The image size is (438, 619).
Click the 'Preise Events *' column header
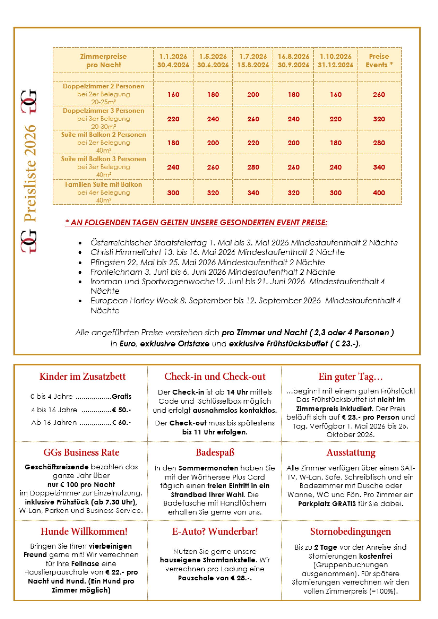pyautogui.click(x=379, y=61)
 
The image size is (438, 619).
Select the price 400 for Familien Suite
pyautogui.click(x=379, y=193)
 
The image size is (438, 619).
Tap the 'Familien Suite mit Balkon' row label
pyautogui.click(x=103, y=185)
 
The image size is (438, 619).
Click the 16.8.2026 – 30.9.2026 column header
pyautogui.click(x=293, y=61)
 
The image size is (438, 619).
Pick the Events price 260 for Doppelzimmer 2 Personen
pyautogui.click(x=379, y=95)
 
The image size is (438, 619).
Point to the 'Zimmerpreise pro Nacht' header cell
pyautogui.click(x=103, y=61)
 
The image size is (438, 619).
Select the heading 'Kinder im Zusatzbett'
pyautogui.click(x=82, y=377)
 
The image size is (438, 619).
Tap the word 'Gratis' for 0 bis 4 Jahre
pyautogui.click(x=122, y=397)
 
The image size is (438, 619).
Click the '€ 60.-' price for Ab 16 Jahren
pyautogui.click(x=122, y=422)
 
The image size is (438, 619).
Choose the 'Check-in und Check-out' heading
pyautogui.click(x=215, y=377)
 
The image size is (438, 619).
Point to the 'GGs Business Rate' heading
pyautogui.click(x=82, y=452)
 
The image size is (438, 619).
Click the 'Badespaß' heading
pyautogui.click(x=215, y=452)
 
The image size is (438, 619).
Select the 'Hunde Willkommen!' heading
pyautogui.click(x=84, y=531)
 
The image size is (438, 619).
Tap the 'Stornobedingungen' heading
pyautogui.click(x=351, y=531)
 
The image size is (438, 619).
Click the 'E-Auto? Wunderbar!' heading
pyautogui.click(x=215, y=531)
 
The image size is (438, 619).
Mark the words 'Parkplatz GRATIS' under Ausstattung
pyautogui.click(x=327, y=504)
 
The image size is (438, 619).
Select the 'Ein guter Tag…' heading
pyautogui.click(x=351, y=377)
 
